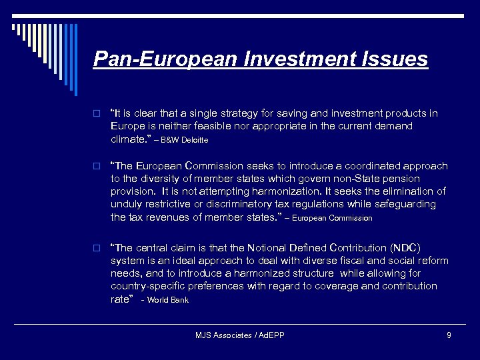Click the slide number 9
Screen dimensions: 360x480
tap(449, 335)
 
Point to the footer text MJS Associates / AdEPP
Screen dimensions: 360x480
tap(240, 335)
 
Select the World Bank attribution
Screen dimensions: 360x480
tap(168, 300)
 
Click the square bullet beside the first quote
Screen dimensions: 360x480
tap(97, 114)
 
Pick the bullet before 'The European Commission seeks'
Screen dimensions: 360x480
tap(97, 166)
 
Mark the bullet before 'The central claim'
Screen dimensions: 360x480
tap(97, 247)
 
